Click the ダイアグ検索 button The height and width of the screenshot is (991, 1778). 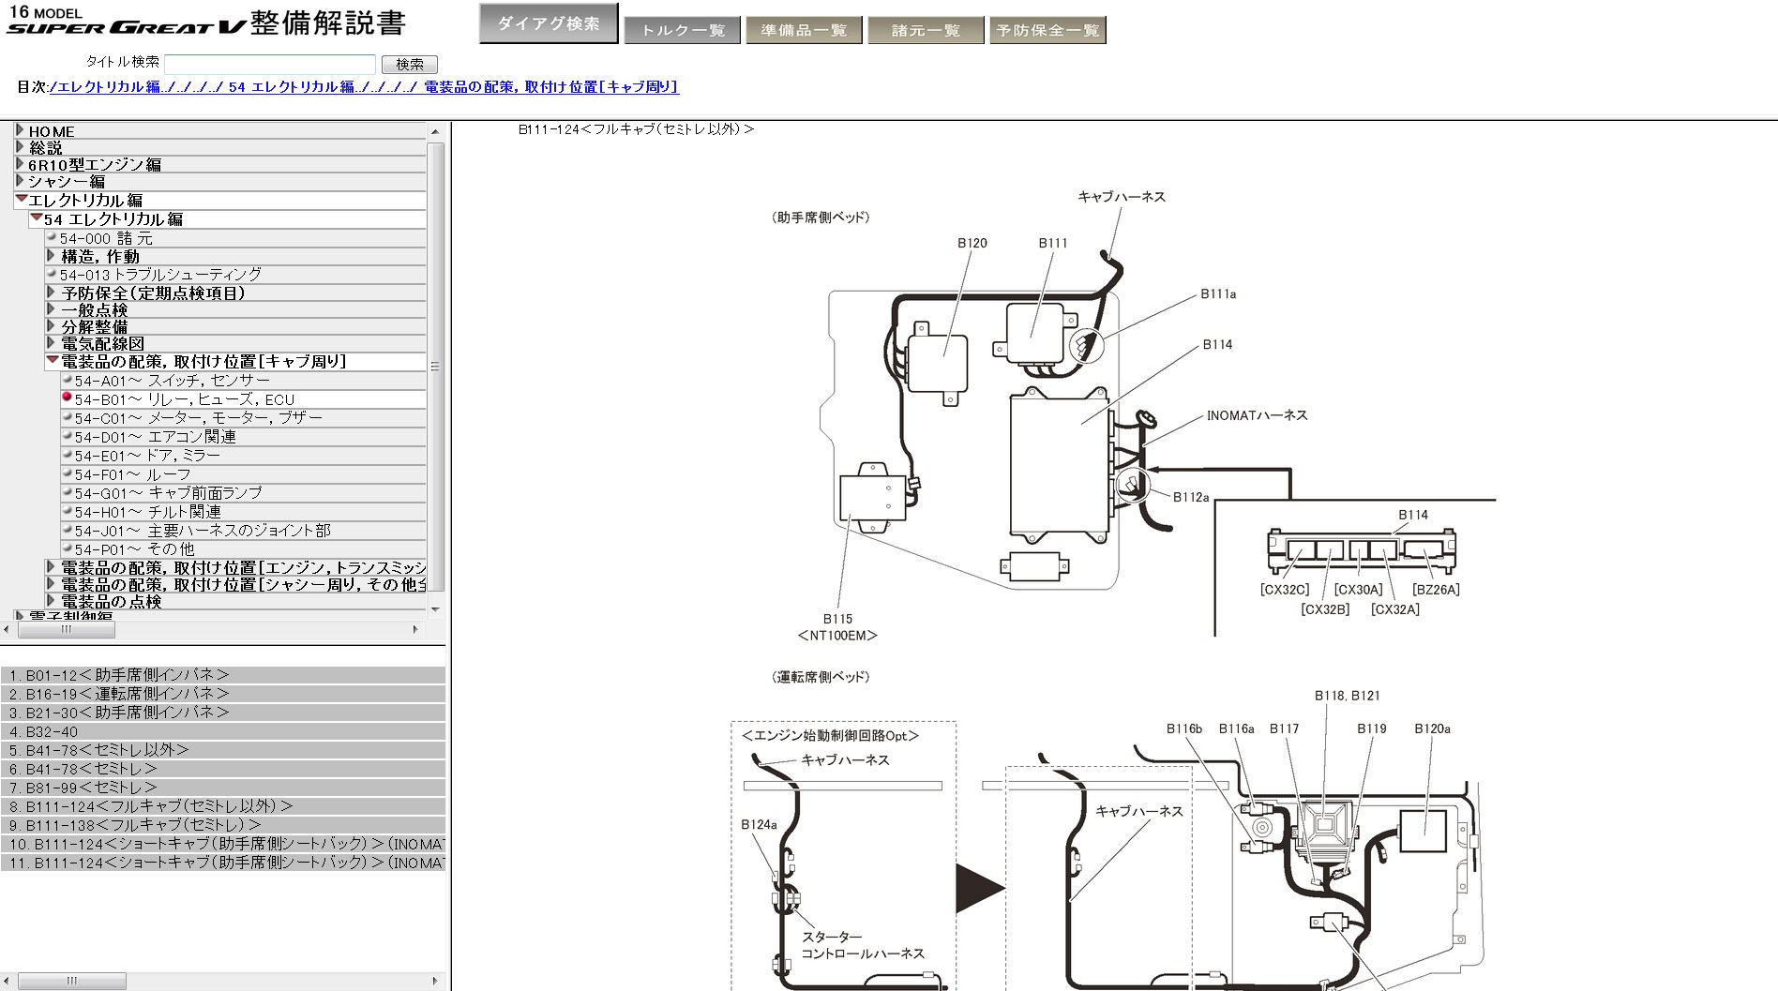(548, 23)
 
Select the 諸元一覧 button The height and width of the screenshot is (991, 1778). (925, 30)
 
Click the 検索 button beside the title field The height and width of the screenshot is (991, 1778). (410, 65)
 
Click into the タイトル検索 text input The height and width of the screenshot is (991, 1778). (270, 65)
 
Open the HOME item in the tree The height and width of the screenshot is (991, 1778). (51, 132)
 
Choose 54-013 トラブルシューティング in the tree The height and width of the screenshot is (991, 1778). (160, 275)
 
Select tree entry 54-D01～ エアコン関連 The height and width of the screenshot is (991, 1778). (155, 437)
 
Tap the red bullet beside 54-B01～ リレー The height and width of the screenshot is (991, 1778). (67, 398)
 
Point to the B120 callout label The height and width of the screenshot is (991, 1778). (972, 243)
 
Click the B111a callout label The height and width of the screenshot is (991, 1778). (1218, 294)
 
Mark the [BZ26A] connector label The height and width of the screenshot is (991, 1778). (1436, 590)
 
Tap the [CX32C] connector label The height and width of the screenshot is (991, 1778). (1284, 590)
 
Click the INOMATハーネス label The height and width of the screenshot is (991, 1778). (1257, 415)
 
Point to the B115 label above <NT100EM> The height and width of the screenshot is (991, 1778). (837, 619)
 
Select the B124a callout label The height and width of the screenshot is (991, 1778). (759, 825)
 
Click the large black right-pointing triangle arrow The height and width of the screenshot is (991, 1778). (978, 888)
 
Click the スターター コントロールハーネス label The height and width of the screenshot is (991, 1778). (862, 945)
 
